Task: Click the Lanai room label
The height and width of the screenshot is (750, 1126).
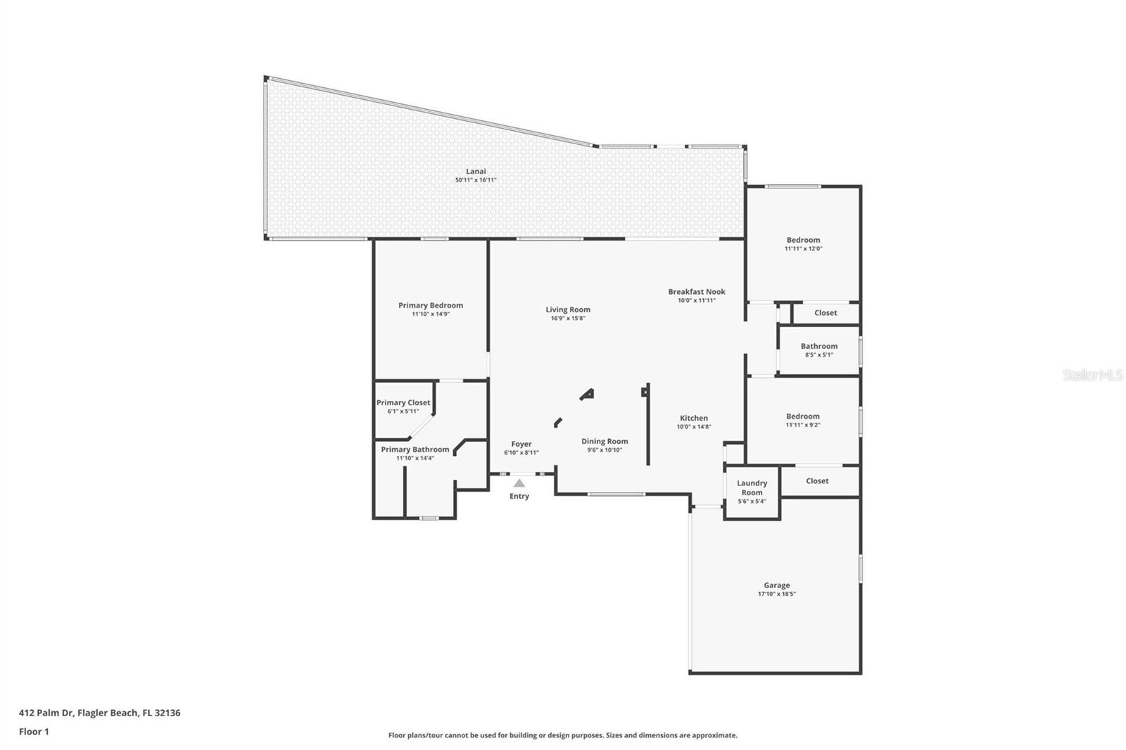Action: tap(476, 171)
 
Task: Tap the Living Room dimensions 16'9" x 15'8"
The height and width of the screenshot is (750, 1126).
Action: tap(568, 319)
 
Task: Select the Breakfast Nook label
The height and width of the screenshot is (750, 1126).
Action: tap(696, 291)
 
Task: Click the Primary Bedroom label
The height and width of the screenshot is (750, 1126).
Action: tap(430, 305)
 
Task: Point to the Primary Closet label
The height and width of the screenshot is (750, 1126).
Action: tap(403, 402)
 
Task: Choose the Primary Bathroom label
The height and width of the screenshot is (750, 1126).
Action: tap(415, 450)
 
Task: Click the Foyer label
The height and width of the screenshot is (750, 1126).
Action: tap(521, 444)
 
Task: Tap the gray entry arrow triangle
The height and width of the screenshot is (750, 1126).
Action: tap(519, 483)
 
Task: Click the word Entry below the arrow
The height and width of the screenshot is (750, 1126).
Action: tap(519, 496)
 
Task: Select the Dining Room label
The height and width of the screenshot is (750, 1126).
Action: tap(604, 441)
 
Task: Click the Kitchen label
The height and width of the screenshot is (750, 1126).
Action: tap(693, 418)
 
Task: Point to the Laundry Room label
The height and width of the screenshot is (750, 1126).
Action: tap(752, 488)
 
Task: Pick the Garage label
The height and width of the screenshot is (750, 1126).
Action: tap(776, 585)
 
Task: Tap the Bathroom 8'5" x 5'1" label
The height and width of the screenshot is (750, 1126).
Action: tap(818, 346)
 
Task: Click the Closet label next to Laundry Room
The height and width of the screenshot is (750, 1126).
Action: tap(817, 481)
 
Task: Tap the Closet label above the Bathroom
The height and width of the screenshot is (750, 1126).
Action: tap(825, 313)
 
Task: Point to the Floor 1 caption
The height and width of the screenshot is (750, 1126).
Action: tap(34, 732)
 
